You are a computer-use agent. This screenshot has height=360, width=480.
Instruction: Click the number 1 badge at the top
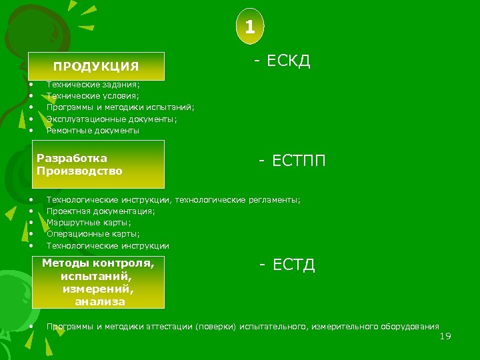(249, 27)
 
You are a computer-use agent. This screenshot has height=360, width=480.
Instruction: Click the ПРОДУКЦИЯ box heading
(96, 66)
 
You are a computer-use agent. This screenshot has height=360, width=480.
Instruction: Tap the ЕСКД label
(282, 62)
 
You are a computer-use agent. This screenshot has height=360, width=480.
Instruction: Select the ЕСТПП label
(293, 161)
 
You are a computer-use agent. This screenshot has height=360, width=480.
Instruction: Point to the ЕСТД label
(287, 265)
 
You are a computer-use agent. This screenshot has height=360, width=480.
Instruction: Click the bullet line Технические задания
(93, 85)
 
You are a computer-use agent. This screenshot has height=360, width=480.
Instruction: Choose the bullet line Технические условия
(93, 96)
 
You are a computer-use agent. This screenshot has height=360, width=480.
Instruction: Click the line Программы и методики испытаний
(120, 107)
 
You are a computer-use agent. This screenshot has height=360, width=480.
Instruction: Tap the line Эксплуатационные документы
(111, 119)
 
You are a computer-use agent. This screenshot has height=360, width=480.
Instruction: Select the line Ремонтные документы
(93, 131)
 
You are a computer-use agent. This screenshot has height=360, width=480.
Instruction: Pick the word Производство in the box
(80, 171)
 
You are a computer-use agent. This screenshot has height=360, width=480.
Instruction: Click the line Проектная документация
(101, 211)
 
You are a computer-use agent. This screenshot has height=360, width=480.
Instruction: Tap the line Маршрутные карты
(89, 223)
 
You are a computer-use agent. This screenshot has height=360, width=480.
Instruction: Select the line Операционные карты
(93, 234)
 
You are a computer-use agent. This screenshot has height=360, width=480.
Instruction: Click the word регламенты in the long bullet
(273, 200)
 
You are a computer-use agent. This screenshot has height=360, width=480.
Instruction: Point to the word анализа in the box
(99, 301)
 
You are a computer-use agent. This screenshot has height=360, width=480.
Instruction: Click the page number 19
(445, 336)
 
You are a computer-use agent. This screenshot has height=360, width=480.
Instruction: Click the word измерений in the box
(98, 289)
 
